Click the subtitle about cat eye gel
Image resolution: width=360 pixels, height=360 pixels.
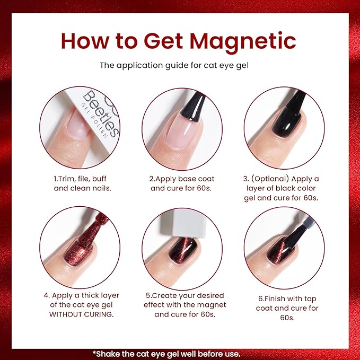[180, 65]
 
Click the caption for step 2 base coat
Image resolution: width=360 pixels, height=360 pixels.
[182, 183]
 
